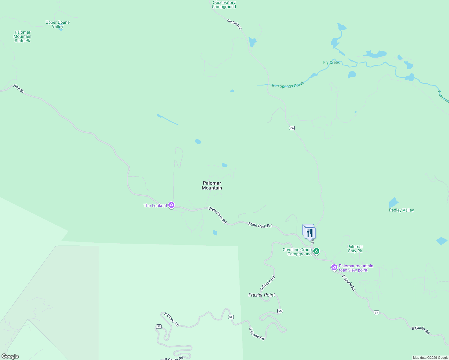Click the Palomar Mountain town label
[212, 185]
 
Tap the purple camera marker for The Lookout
[171, 205]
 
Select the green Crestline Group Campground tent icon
[316, 251]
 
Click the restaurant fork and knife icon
[310, 233]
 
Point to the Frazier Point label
[261, 295]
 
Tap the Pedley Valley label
[401, 210]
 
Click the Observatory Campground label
[224, 4]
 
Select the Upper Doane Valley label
[58, 24]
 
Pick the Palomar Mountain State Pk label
[23, 36]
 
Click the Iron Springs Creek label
[288, 85]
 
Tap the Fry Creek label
[331, 62]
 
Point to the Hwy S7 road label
[19, 88]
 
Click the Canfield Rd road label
[234, 24]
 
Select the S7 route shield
[376, 313]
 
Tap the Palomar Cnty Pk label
[355, 249]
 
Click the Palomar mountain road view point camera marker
[334, 267]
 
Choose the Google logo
[10, 356]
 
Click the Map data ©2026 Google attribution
[430, 358]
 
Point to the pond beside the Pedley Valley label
[393, 202]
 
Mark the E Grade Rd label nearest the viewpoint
[349, 283]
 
